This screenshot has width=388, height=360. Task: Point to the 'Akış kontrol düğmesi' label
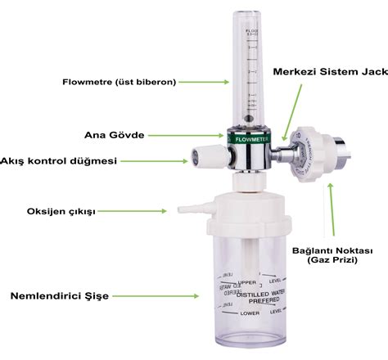click(56, 160)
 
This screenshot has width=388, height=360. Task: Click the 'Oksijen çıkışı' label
click(61, 211)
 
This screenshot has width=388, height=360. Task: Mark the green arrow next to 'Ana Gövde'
click(194, 134)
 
